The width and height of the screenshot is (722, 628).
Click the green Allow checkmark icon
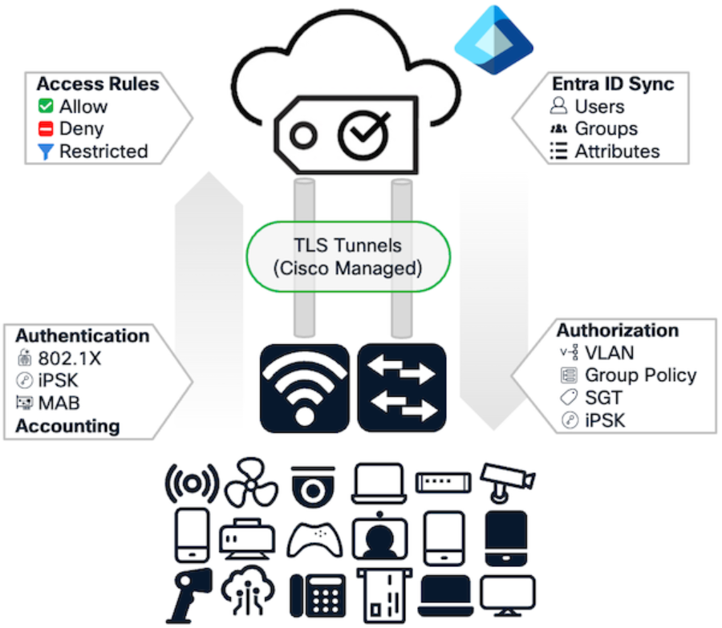46,106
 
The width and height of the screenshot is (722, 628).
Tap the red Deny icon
46,128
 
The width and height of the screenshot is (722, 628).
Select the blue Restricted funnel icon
46,151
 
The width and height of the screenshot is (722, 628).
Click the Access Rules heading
98,84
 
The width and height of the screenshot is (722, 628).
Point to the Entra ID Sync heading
613,84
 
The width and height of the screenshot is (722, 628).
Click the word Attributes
617,151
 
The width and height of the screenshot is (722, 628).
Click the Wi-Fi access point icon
304,387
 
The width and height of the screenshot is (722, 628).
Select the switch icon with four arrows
401,387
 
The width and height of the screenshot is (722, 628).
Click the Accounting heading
67,426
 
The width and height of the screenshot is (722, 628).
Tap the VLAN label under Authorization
609,352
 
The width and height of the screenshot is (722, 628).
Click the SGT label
603,397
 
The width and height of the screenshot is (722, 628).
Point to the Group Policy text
640,375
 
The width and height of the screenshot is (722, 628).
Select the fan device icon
251,484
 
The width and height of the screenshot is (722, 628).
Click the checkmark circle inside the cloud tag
363,134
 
